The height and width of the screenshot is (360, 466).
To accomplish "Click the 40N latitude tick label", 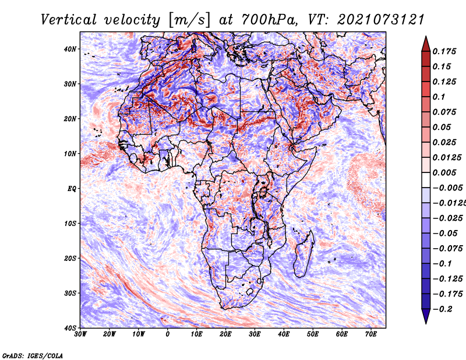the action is [x=70, y=49].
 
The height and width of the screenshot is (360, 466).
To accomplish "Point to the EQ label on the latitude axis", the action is [x=72, y=189].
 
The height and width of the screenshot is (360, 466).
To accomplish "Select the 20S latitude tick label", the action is [x=70, y=258].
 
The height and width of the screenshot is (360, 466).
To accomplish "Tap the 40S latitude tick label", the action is [x=70, y=328].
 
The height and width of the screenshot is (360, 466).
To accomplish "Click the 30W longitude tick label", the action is [x=80, y=334].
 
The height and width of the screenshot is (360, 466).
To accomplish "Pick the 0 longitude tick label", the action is [x=168, y=334].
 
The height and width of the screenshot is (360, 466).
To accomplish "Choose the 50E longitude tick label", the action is [x=313, y=334].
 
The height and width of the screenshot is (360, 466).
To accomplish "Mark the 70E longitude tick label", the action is [x=371, y=334].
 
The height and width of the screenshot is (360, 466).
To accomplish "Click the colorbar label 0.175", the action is [x=444, y=51].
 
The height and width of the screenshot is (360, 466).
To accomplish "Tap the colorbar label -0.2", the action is [x=443, y=309].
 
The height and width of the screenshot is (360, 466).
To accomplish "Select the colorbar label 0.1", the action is [x=439, y=97].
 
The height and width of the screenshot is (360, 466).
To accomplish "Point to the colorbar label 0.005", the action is [x=444, y=172].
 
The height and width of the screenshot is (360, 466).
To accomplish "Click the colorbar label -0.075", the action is [x=448, y=249].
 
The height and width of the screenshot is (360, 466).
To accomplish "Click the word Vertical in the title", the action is [x=69, y=20].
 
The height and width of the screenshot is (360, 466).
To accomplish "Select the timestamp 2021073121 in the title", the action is [x=381, y=20].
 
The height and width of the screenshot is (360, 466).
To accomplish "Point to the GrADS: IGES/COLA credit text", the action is [x=33, y=356].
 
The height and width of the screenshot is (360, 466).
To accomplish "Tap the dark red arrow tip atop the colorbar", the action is [x=426, y=44].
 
